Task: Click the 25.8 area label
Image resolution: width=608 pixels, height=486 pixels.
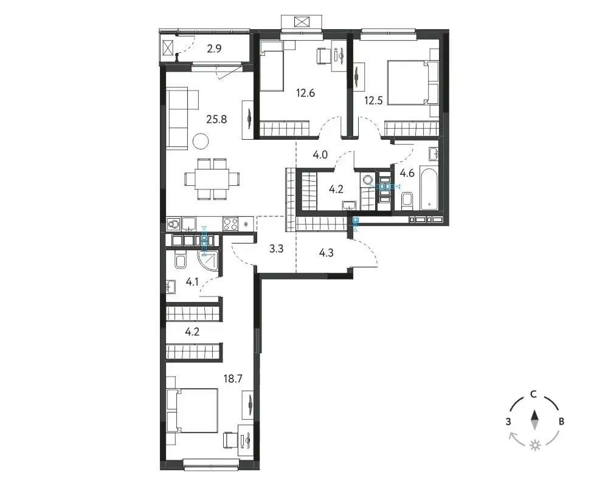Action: coord(216,119)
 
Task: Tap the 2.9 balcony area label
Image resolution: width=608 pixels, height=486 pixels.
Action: coord(214,49)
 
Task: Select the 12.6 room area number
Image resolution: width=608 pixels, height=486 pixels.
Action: coord(305,93)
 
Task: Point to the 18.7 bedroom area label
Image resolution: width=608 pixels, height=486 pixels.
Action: coord(233,378)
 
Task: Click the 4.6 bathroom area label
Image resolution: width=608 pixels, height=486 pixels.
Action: coord(407,173)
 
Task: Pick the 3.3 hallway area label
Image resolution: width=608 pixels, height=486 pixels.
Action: coord(277,248)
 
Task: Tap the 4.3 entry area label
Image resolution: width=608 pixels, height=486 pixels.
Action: coord(326,253)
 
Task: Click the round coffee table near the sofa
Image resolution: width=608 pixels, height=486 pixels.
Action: coord(201,141)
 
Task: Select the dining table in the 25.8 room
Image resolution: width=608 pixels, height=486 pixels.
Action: coord(212,179)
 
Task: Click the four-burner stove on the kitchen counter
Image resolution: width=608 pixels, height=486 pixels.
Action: coord(230,224)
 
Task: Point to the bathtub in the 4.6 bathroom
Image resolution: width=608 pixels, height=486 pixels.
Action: coord(429,189)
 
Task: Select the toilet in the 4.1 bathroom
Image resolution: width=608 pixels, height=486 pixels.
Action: coord(181,259)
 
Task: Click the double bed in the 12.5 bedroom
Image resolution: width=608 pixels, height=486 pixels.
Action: coord(413,83)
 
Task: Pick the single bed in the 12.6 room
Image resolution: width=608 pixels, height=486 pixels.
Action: coord(271,66)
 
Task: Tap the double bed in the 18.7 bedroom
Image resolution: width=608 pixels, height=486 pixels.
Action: coord(192,411)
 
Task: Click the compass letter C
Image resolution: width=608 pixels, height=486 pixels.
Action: coord(534,394)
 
